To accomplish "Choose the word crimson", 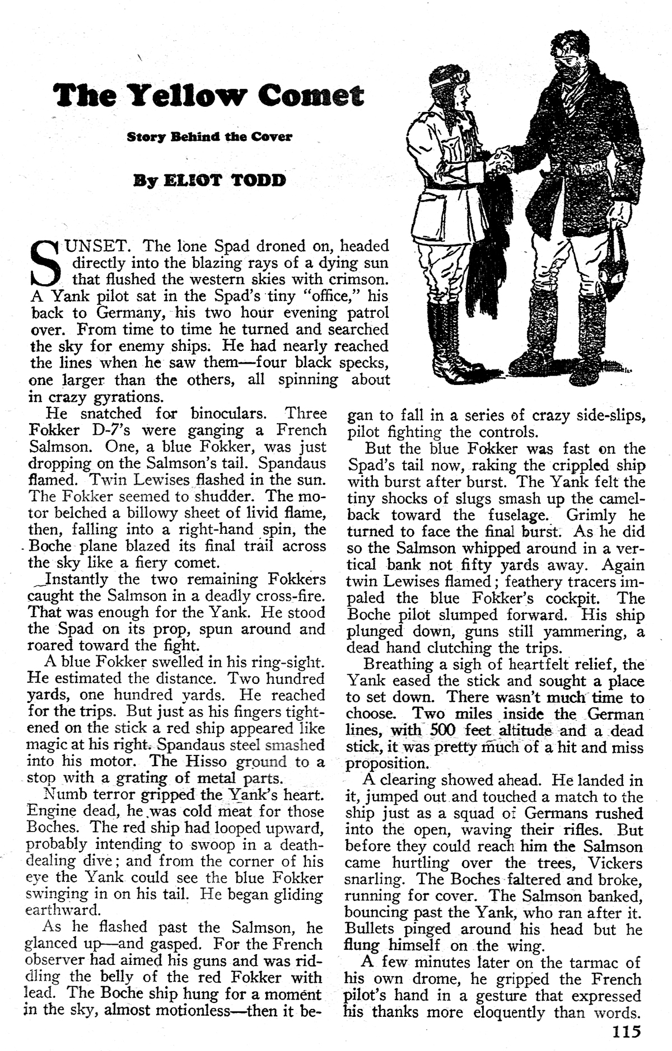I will [x=352, y=279].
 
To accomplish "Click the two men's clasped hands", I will [x=499, y=159].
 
